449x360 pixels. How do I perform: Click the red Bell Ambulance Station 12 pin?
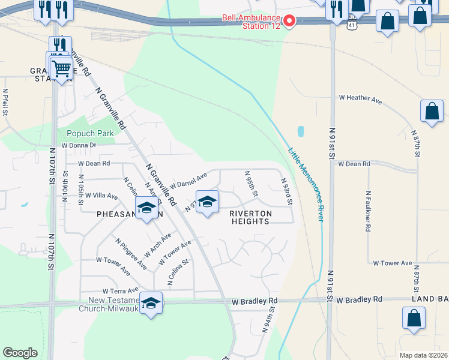pos(289,22)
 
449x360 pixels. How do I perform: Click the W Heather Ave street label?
pos(360,97)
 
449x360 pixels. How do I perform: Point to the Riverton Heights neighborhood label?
pos(250,217)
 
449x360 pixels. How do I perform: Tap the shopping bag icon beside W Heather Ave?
pos(432,111)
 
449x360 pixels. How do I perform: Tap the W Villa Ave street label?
pos(101,196)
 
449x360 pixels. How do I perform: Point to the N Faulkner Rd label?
pos(369,211)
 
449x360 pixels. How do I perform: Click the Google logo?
pos(20,353)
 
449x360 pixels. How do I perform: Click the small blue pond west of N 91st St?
pos(301,131)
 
